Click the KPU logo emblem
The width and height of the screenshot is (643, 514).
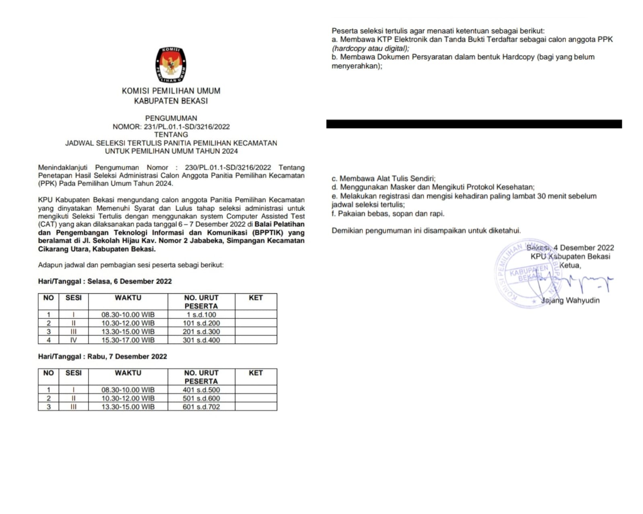[171, 64]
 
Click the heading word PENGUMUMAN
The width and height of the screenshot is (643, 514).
[171, 118]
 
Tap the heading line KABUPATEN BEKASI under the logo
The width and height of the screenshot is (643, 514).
[171, 101]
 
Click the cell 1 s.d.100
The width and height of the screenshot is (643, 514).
[201, 315]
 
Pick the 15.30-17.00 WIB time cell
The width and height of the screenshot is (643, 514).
[128, 340]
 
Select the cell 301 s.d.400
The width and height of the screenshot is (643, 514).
[201, 340]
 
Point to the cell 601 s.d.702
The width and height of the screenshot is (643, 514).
[201, 407]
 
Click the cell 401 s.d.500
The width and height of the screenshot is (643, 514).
[201, 390]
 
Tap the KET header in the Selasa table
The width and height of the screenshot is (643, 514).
[256, 298]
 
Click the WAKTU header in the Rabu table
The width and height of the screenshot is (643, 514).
[128, 373]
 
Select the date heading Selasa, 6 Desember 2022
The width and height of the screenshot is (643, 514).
[129, 281]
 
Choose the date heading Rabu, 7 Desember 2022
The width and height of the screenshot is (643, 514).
[127, 356]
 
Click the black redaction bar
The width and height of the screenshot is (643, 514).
[474, 124]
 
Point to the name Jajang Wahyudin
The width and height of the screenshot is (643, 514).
[570, 300]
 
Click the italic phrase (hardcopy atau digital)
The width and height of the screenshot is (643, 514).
[370, 48]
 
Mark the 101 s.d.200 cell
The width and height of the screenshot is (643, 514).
[201, 323]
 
